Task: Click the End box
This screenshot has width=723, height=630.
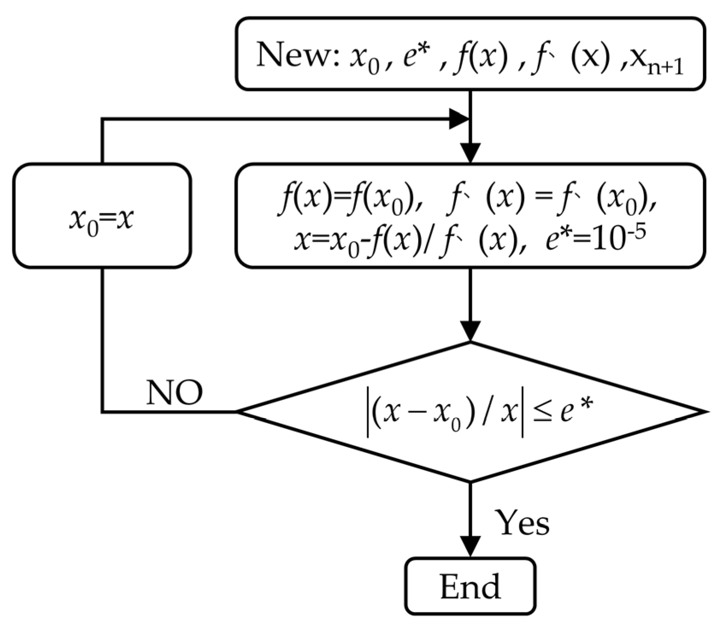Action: click(x=470, y=586)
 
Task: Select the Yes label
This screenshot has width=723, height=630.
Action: click(x=522, y=523)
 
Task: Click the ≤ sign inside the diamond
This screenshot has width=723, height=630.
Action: click(x=540, y=413)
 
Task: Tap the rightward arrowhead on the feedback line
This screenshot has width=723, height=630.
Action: click(x=458, y=119)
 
